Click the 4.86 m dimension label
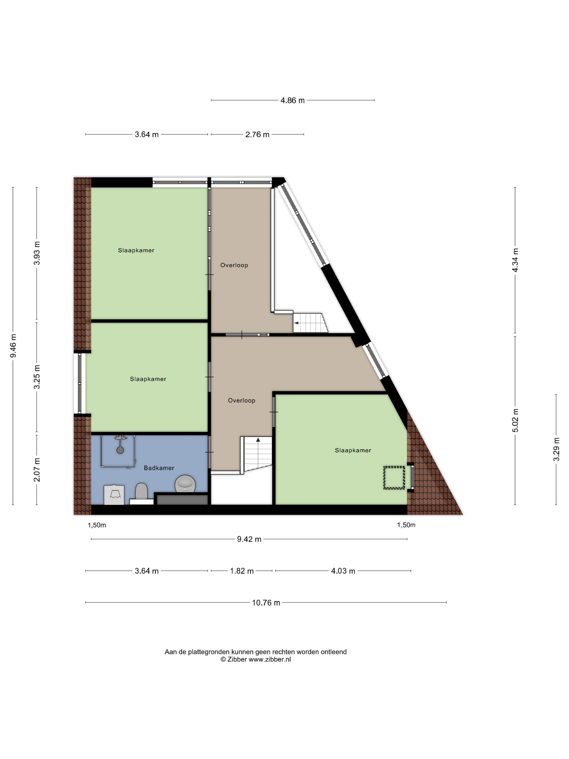click(x=292, y=101)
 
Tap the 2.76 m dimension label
click(x=257, y=134)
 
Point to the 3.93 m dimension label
click(x=37, y=253)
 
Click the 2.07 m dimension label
click(x=37, y=469)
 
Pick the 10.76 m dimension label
click(x=266, y=603)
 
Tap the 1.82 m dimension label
click(x=241, y=571)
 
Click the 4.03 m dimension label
click(x=343, y=571)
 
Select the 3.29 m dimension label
click(x=556, y=449)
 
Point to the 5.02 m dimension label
click(x=515, y=420)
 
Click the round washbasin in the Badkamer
click(x=185, y=484)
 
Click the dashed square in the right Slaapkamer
click(x=394, y=477)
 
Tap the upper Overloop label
click(x=234, y=265)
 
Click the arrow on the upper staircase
click(x=296, y=323)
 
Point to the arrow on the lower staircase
click(x=258, y=440)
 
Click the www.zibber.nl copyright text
click(x=256, y=659)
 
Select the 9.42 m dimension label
click(x=249, y=539)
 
